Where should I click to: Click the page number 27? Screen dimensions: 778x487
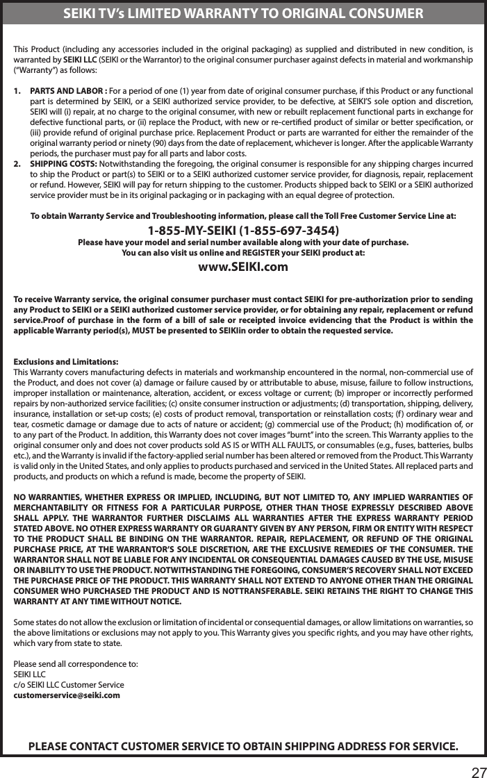pos(477,768)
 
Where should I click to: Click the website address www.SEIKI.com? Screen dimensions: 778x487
pos(243,267)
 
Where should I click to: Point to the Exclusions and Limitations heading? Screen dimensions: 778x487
pos(66,362)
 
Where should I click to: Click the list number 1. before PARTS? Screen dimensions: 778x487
pos(19,90)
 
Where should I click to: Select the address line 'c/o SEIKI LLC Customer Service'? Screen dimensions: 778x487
pos(69,684)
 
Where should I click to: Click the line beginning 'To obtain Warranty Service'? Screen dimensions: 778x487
pos(243,216)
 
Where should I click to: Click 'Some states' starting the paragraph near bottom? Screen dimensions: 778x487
pos(35,619)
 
